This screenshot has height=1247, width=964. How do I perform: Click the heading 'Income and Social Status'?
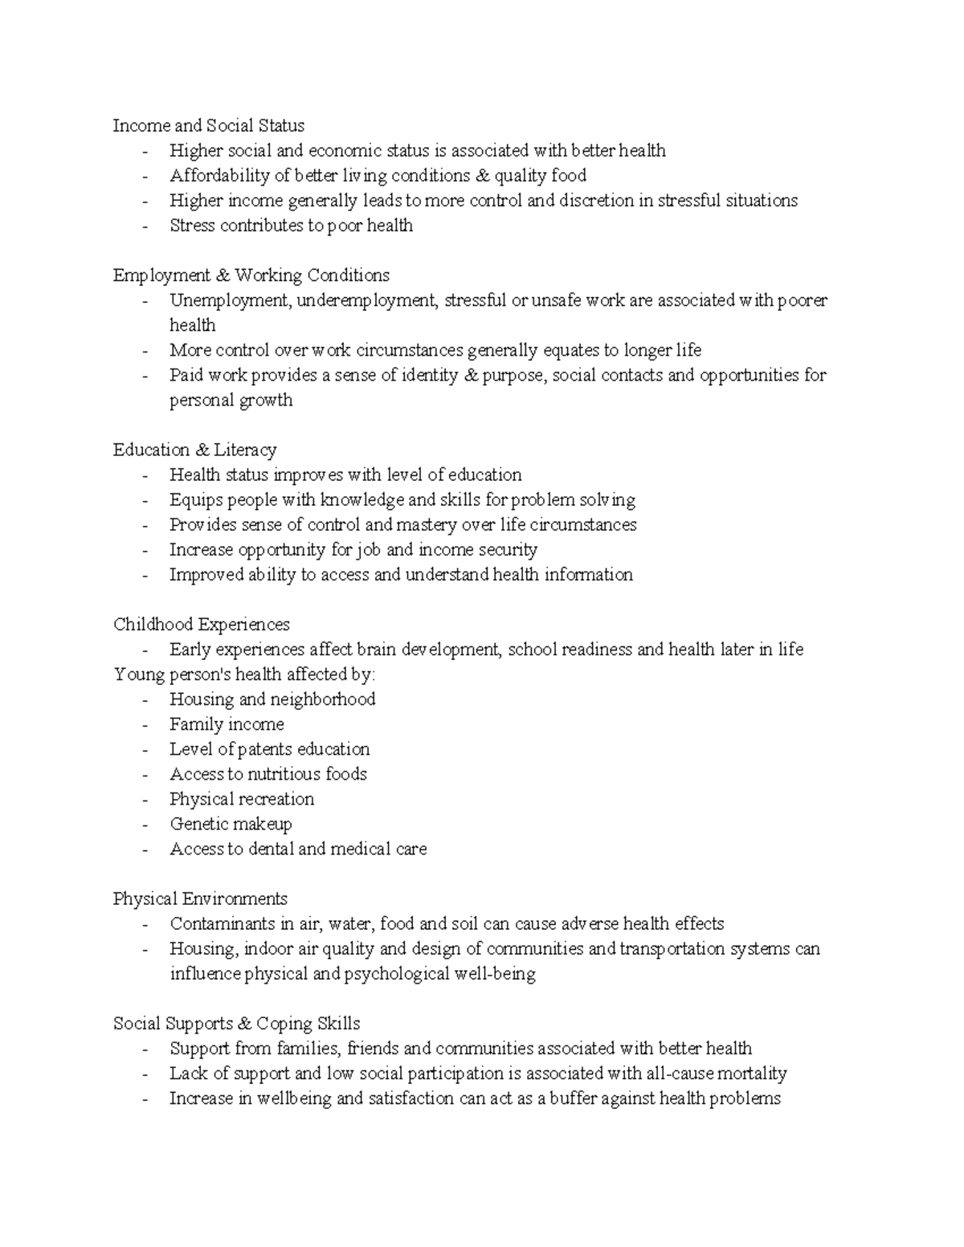pyautogui.click(x=209, y=125)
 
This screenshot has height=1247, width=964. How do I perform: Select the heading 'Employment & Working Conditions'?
pyautogui.click(x=251, y=275)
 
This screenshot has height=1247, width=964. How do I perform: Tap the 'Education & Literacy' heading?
pyautogui.click(x=194, y=450)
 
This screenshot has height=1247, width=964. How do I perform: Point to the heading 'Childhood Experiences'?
pyautogui.click(x=201, y=624)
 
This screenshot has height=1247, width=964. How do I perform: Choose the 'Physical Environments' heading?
pyautogui.click(x=200, y=899)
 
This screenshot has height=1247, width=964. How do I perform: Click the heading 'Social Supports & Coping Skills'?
pyautogui.click(x=236, y=1023)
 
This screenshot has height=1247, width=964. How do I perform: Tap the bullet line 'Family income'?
pyautogui.click(x=227, y=724)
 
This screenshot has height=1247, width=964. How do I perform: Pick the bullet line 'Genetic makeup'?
pyautogui.click(x=231, y=824)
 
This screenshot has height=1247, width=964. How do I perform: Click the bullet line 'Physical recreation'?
pyautogui.click(x=242, y=799)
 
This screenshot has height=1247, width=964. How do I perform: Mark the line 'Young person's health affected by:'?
pyautogui.click(x=244, y=674)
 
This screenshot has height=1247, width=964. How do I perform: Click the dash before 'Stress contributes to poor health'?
pyautogui.click(x=145, y=226)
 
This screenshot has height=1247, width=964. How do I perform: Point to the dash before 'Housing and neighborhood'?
pyautogui.click(x=145, y=699)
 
